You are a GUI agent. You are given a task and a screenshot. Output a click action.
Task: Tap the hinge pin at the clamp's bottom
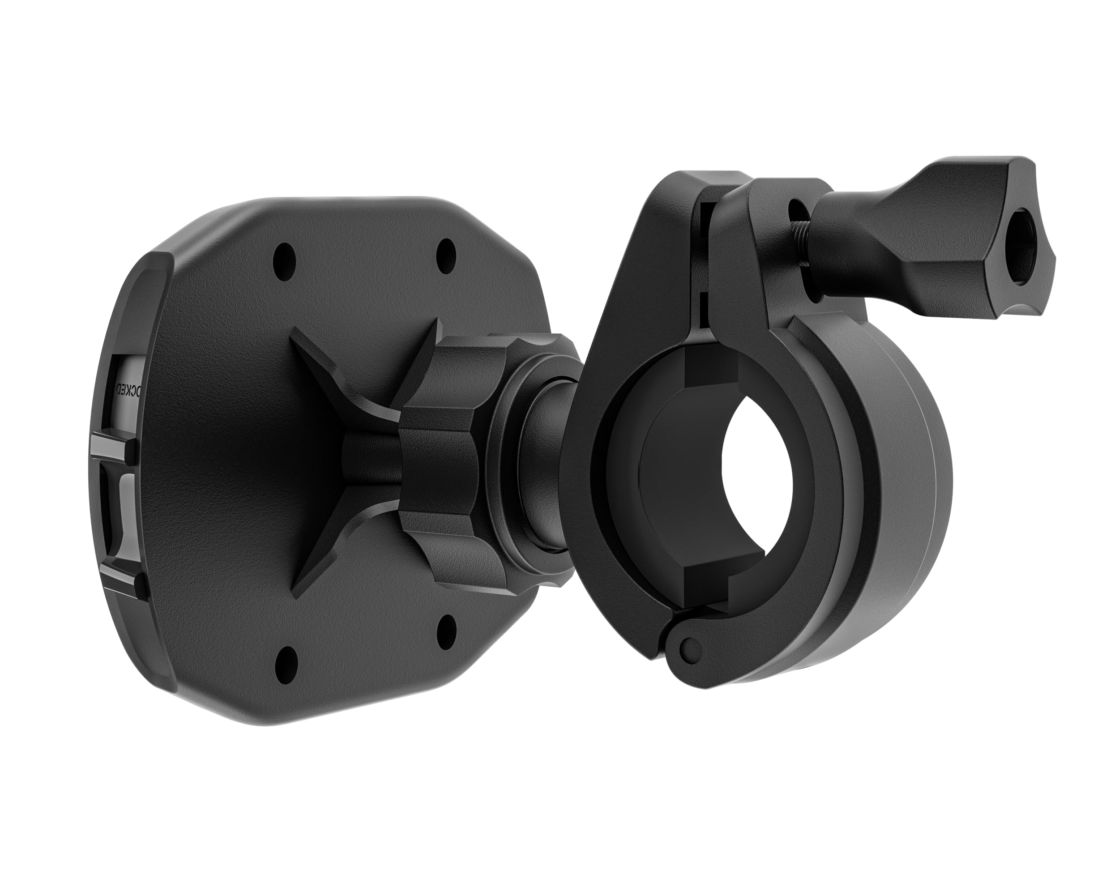(689, 648)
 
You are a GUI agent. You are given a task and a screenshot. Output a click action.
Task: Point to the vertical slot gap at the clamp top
(705, 260)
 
